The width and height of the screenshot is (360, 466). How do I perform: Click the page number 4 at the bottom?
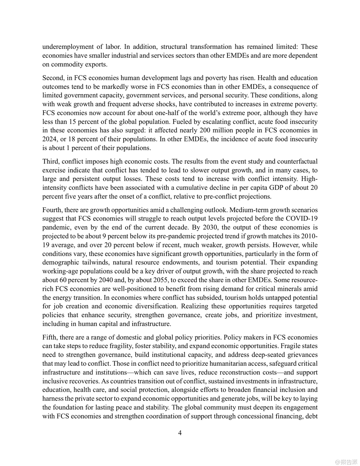click(180, 433)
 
